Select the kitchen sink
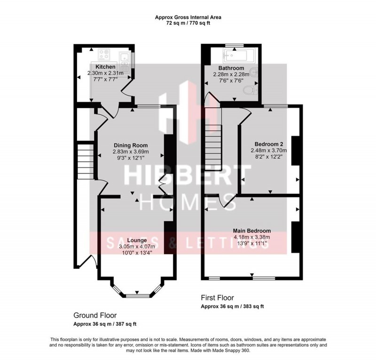125,58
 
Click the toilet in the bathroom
254,88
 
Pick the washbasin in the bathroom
254,73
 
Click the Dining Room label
130,145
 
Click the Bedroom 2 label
268,144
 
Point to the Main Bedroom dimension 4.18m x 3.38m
252,237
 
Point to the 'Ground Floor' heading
95,315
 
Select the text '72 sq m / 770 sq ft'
188,23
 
